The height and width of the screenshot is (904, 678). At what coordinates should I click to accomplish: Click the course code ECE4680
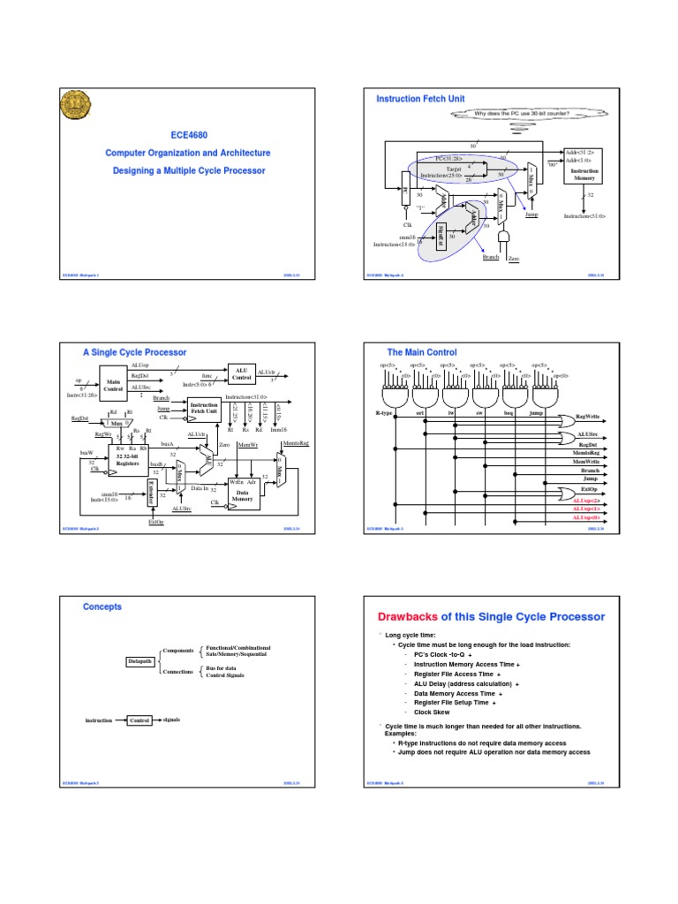pyautogui.click(x=189, y=135)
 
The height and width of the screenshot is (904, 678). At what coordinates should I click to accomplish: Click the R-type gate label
pyautogui.click(x=376, y=413)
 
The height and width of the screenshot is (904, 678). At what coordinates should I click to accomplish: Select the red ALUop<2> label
pyautogui.click(x=587, y=500)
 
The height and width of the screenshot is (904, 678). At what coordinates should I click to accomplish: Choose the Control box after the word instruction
pyautogui.click(x=139, y=720)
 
